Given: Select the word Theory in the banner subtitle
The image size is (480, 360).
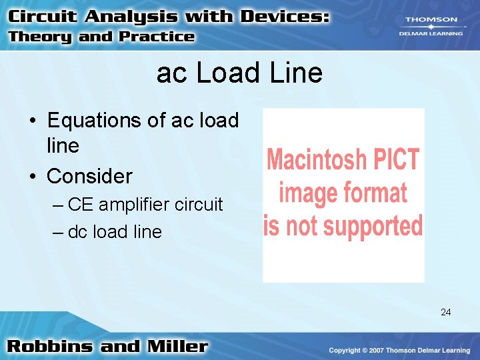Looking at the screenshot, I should click(x=40, y=37).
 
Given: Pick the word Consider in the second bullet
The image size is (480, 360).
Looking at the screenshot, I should click(x=89, y=176).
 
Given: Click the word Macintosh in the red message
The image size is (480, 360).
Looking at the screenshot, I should click(x=317, y=160).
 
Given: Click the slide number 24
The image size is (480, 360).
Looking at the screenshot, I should click(x=445, y=311).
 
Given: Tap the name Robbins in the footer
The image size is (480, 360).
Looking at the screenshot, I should click(x=51, y=347).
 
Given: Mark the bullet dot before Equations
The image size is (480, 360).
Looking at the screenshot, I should click(x=32, y=122).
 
